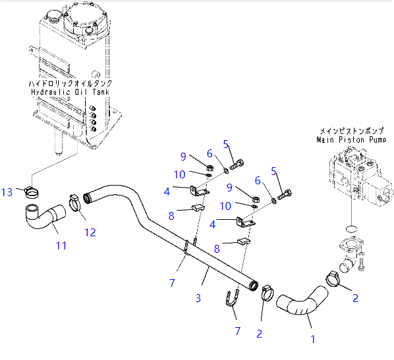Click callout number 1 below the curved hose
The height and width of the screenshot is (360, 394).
point(313,339)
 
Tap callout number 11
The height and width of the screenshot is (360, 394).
point(60,246)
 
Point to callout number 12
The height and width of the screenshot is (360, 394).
point(90,232)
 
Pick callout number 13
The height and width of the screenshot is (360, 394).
point(7,192)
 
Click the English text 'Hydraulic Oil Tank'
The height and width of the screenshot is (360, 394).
point(70,93)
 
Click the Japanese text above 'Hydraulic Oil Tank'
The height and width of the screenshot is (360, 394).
point(70,84)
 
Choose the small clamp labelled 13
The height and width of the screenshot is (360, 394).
point(31,192)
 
